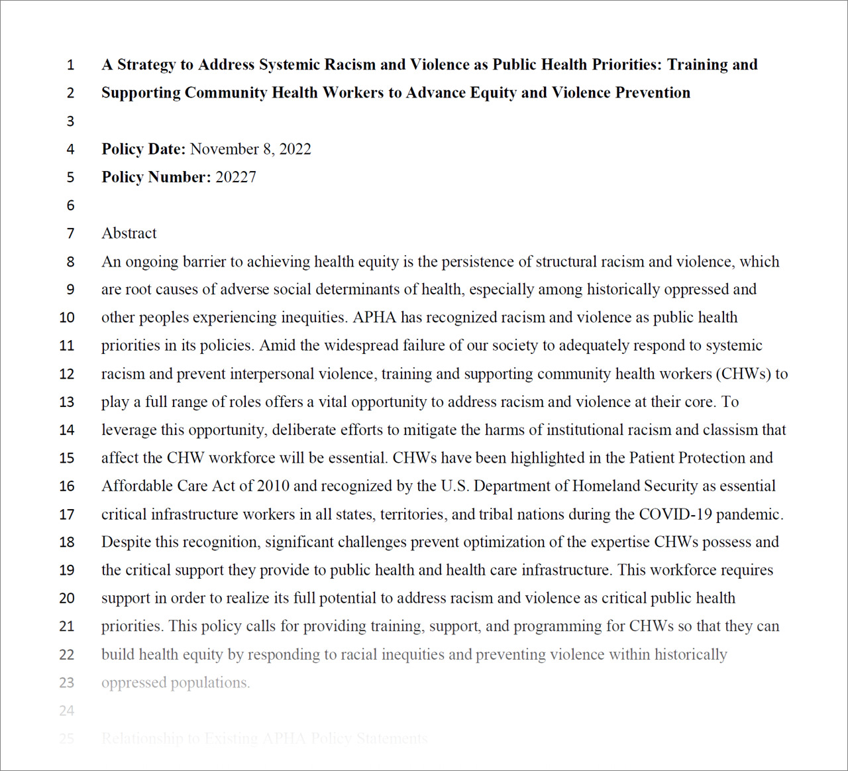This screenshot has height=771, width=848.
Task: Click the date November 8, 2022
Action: (x=250, y=149)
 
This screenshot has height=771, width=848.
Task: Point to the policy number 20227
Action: (x=236, y=177)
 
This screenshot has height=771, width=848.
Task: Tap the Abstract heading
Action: (x=129, y=233)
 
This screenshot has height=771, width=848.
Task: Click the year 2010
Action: (x=273, y=486)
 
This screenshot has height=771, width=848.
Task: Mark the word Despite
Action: (x=126, y=542)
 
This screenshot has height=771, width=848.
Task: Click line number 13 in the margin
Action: (x=67, y=402)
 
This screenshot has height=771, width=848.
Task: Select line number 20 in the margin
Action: (x=67, y=599)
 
